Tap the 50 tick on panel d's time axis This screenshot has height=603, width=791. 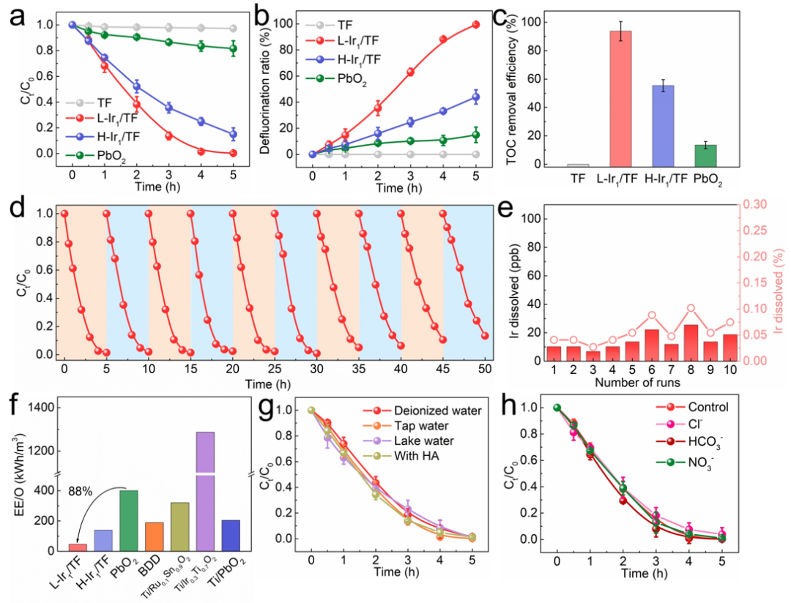pos(485,367)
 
